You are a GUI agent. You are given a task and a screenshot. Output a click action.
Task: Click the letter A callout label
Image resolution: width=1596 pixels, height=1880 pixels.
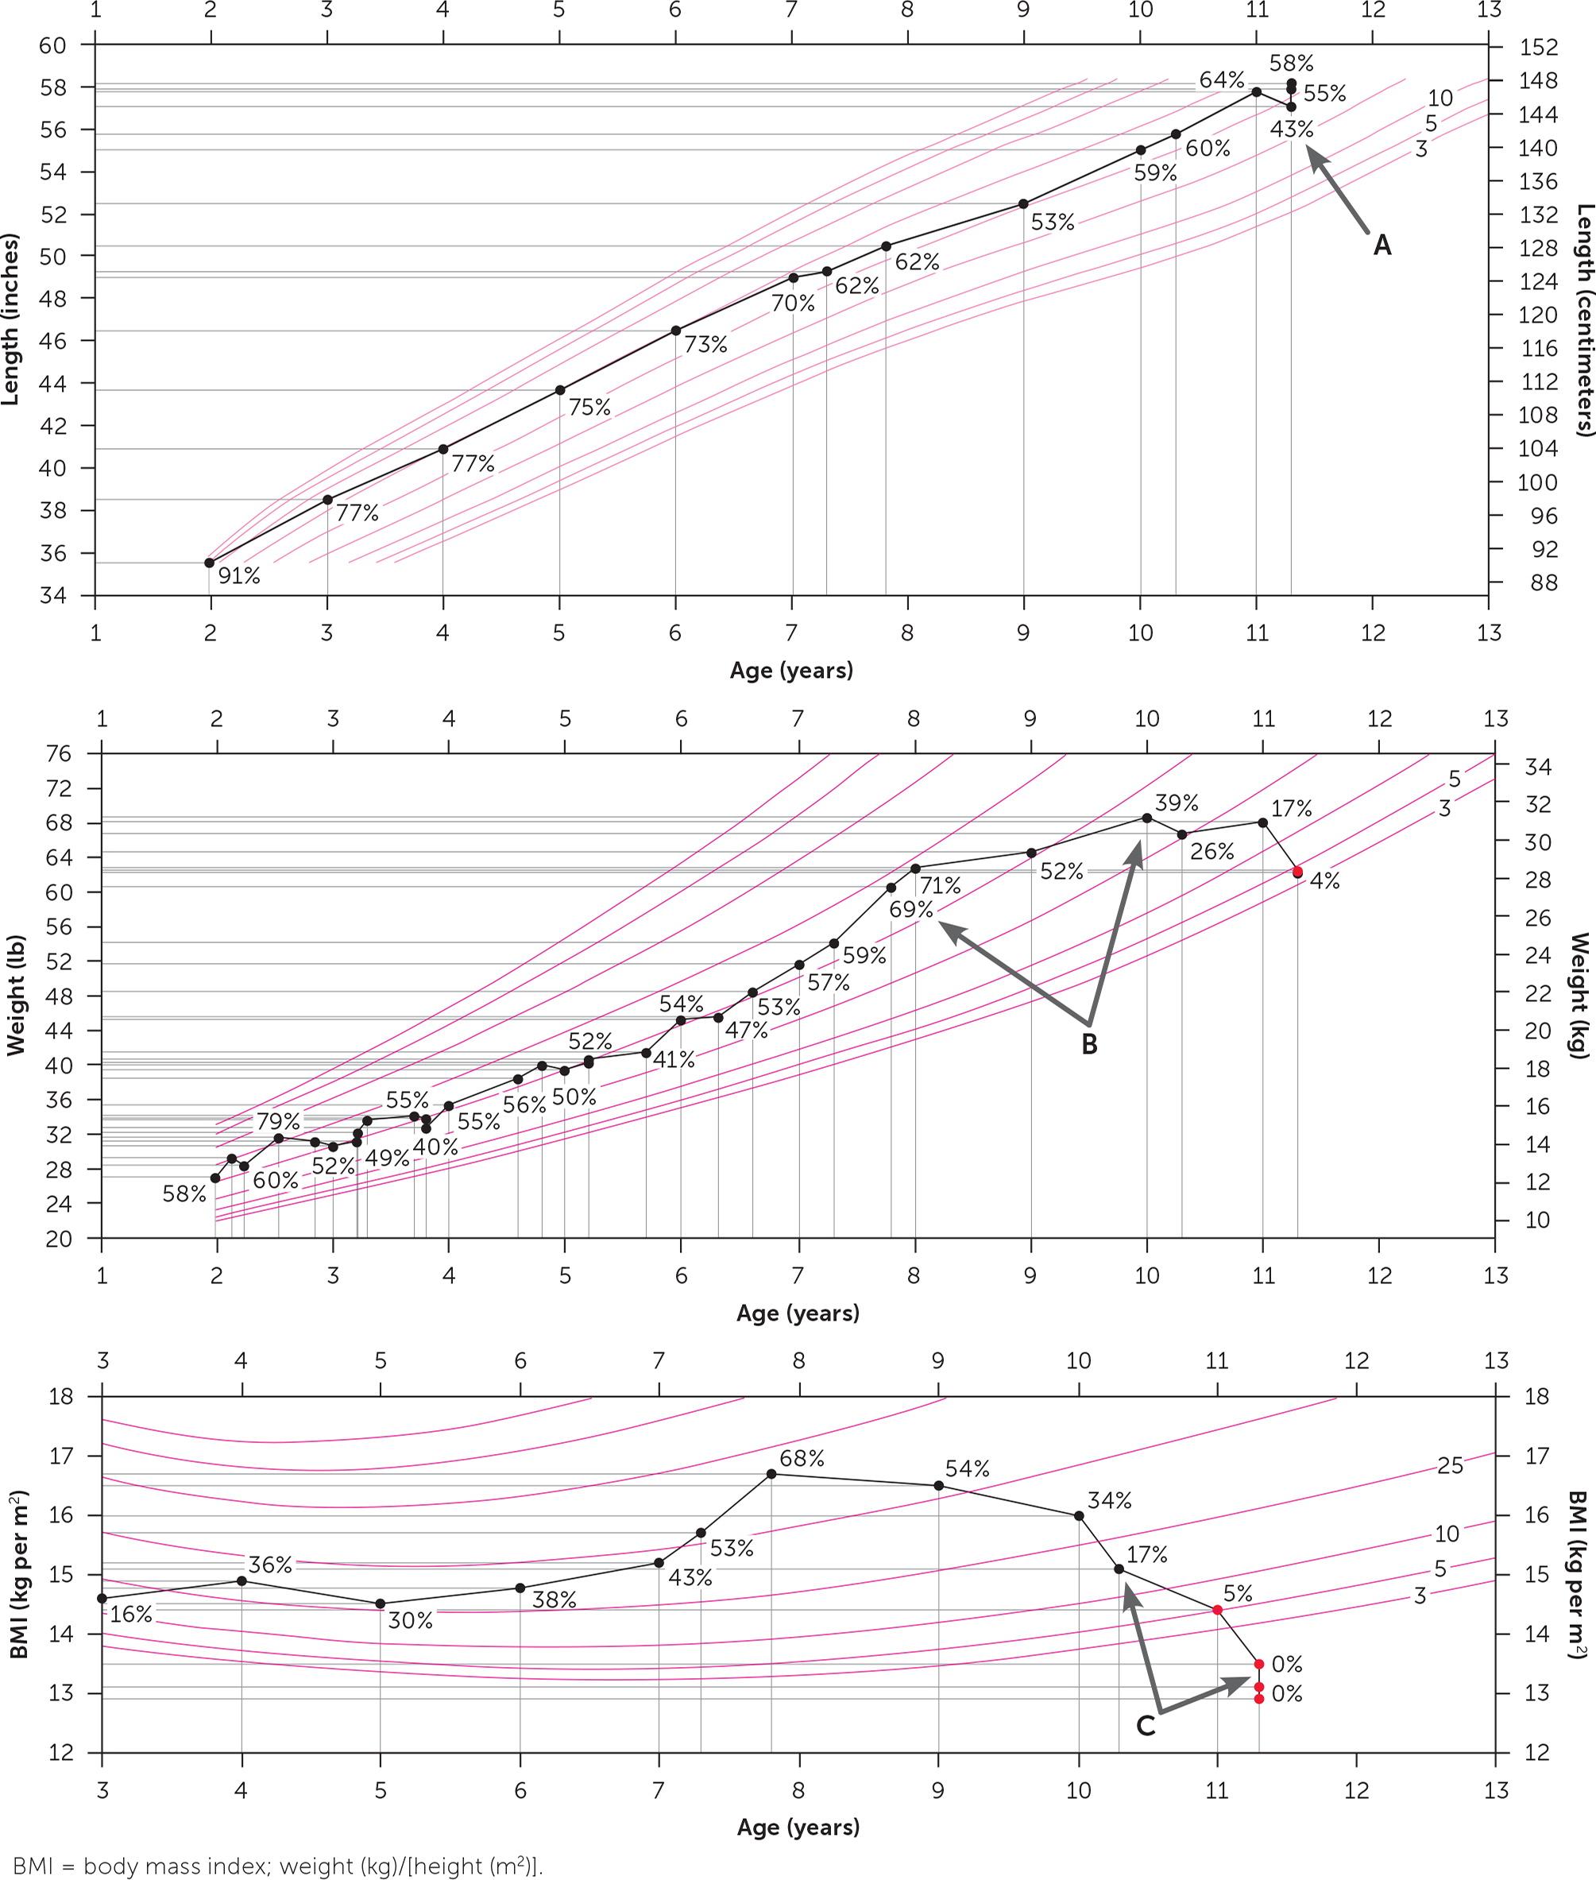(1382, 246)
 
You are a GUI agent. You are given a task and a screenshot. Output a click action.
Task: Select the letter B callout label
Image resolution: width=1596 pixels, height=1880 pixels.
(1089, 1044)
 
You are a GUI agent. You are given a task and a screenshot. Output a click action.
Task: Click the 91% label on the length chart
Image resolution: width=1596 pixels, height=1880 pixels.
(239, 575)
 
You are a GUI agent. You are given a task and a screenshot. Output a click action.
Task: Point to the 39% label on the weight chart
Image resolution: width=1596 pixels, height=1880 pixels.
(1177, 803)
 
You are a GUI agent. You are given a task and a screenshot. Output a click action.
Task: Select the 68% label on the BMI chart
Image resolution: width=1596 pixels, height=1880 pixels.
(802, 1457)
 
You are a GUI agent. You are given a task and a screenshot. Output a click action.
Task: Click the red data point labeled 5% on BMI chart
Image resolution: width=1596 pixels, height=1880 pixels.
(1217, 1610)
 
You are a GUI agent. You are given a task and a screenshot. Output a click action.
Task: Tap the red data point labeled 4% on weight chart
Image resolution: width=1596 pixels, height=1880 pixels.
(1297, 871)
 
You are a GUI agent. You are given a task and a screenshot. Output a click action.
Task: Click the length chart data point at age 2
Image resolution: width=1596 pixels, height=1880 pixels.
(209, 563)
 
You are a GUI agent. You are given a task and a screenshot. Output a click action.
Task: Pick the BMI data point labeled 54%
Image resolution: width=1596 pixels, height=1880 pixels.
(938, 1486)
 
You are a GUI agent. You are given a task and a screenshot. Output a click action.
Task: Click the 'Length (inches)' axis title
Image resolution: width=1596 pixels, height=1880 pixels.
(11, 319)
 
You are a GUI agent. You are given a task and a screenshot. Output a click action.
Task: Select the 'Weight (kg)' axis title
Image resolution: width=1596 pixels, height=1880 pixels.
(1579, 995)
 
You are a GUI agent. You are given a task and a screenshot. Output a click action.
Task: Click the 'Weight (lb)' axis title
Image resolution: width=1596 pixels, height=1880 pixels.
(14, 995)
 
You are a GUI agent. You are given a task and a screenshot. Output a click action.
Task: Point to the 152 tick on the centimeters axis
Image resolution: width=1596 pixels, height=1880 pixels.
(1537, 47)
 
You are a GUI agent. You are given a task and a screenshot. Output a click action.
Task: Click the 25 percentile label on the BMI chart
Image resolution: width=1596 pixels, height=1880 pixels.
(1449, 1466)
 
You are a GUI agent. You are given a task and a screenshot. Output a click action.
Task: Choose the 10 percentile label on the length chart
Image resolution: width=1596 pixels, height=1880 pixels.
(1439, 98)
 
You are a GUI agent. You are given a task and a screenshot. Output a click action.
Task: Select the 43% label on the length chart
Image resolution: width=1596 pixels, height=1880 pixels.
(1291, 130)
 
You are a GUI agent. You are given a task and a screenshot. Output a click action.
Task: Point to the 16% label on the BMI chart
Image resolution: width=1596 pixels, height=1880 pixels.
(131, 1614)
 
